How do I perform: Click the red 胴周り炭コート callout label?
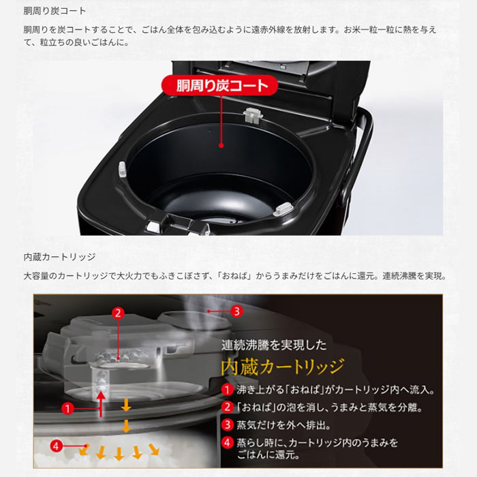221,87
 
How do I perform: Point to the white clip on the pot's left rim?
123,167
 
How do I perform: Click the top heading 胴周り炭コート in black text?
55,11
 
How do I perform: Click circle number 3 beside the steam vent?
236,311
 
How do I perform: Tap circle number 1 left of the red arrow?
67,409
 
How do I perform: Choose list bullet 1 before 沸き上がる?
228,390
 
